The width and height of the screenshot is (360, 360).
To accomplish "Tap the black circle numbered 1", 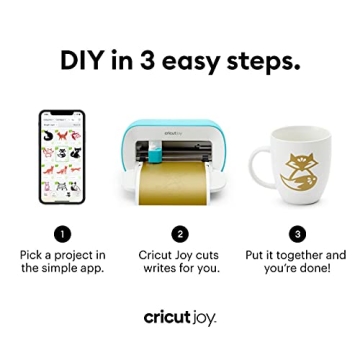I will click(x=62, y=233).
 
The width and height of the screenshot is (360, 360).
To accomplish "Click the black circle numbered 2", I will click(x=180, y=233).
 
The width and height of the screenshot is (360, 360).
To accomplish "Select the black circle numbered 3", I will click(x=297, y=233).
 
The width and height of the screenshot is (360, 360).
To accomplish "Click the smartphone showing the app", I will click(x=62, y=158).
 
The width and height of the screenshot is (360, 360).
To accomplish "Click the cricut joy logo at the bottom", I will click(x=180, y=317).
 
